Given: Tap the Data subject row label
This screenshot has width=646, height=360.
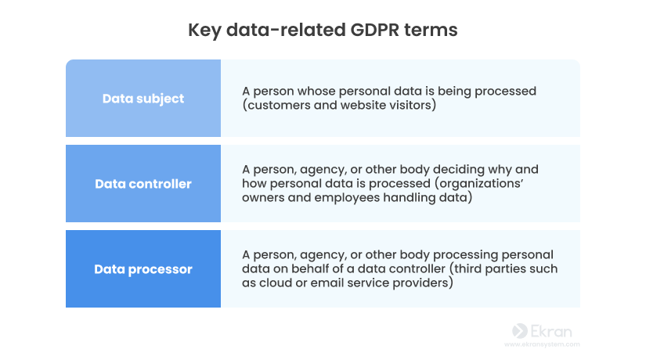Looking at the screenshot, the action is tap(143, 99).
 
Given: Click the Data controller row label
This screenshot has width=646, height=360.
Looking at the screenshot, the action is tap(143, 184).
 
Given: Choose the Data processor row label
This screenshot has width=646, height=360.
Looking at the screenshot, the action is tap(143, 269).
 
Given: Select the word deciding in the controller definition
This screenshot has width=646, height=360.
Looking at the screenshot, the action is tap(459, 170).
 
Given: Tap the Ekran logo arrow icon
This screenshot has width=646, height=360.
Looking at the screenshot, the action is tap(520, 331).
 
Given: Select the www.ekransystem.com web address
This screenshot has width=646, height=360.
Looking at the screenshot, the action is tap(542, 344).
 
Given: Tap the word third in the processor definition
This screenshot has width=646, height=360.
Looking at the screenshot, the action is tap(468, 268).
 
